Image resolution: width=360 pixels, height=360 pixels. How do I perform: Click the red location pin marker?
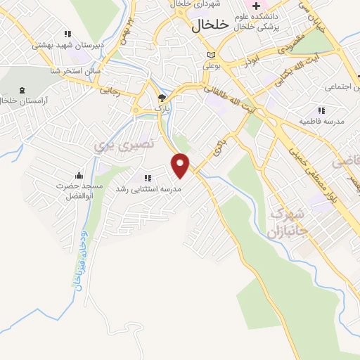(x=181, y=165)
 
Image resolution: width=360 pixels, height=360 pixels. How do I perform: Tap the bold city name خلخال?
(x=210, y=25)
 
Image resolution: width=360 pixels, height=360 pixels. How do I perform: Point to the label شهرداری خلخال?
(x=192, y=5)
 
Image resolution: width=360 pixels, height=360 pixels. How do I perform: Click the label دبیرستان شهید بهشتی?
(x=68, y=44)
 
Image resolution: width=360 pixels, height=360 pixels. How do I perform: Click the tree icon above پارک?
(x=162, y=98)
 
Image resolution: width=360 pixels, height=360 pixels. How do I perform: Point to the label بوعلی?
(x=212, y=66)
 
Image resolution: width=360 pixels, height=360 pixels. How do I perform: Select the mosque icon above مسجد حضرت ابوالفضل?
(x=79, y=175)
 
